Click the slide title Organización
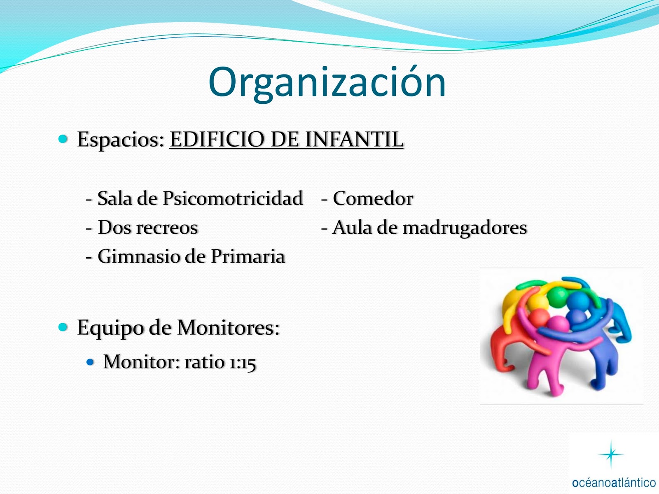(327, 83)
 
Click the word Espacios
(121, 140)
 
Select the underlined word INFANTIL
(354, 139)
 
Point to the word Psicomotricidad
(233, 199)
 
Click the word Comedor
(373, 198)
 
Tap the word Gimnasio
(139, 257)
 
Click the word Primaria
(248, 257)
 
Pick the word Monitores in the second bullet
(228, 327)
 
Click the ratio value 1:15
(242, 362)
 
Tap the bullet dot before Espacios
(63, 139)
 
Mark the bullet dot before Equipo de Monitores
(63, 327)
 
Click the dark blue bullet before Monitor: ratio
(90, 362)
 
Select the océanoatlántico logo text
(614, 483)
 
